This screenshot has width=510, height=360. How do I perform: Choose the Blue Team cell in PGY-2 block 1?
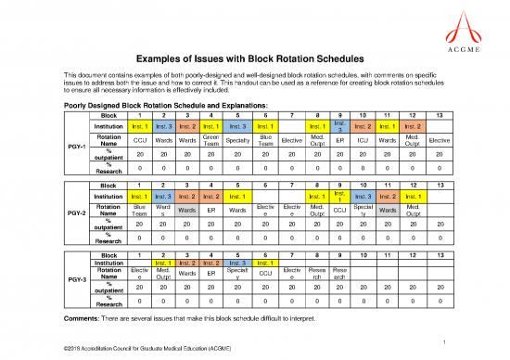tap(138, 209)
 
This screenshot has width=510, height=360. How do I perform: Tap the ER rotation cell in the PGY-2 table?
tap(210, 209)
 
